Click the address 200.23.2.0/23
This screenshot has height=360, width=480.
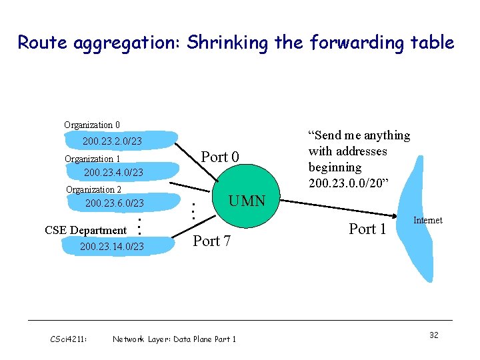(x=112, y=141)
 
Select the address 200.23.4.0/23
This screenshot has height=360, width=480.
(x=113, y=173)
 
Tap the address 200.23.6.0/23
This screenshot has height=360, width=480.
(x=115, y=203)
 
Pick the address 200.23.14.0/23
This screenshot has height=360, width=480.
(x=111, y=247)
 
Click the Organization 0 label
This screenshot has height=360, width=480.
(x=92, y=125)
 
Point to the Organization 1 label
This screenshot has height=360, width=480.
(x=93, y=159)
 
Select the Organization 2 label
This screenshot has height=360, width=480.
(x=93, y=189)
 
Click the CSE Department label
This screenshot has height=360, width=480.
(x=85, y=230)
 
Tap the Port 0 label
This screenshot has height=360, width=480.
(x=220, y=157)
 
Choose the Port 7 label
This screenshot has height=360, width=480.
(x=212, y=241)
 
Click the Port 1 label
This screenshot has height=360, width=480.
(x=368, y=229)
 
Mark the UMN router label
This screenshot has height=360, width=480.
(x=247, y=201)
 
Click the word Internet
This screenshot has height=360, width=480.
(x=428, y=220)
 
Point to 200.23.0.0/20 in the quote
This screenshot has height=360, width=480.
(x=344, y=183)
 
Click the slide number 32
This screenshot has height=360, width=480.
(x=433, y=335)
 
